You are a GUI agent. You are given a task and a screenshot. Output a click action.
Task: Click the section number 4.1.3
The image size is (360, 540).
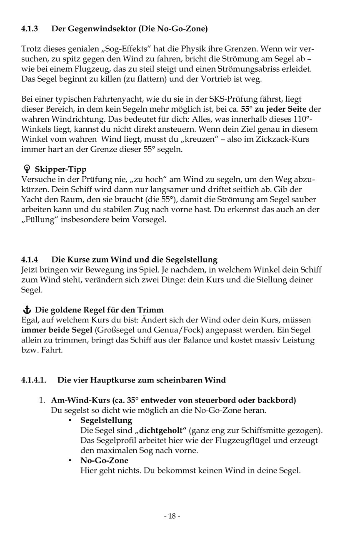30,29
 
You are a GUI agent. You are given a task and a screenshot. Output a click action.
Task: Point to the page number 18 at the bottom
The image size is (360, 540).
172,516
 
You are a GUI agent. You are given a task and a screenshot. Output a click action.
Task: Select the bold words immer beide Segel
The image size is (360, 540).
57,330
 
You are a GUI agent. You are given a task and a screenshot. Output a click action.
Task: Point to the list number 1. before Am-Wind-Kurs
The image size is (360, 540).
42,400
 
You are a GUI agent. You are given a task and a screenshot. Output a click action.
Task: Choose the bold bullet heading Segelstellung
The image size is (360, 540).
106,420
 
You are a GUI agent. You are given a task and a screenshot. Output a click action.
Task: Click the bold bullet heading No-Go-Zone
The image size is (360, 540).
104,460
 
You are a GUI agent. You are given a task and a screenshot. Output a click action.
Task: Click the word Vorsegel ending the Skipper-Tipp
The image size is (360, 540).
151,220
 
